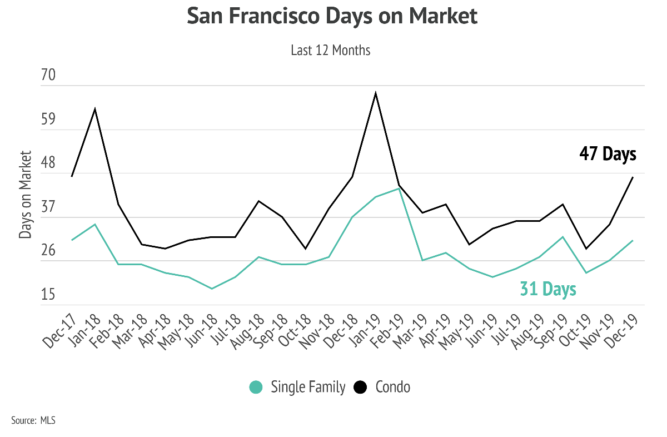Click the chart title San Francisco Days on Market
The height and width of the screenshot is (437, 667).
[x=332, y=16]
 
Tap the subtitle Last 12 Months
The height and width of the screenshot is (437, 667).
[x=330, y=50]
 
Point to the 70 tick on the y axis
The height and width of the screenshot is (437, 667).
[x=49, y=75]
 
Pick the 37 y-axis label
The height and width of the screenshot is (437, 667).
[x=49, y=207]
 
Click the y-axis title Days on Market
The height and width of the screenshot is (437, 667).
[x=26, y=194]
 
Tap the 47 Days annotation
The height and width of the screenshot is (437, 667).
[x=608, y=153]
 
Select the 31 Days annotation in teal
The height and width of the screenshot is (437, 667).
[x=547, y=289]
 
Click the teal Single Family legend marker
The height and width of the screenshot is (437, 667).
[x=256, y=387]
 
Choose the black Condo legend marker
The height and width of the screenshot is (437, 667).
[x=361, y=387]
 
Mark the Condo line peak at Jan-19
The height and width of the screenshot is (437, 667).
[x=376, y=93]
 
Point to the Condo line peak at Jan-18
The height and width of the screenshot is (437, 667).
[x=95, y=108]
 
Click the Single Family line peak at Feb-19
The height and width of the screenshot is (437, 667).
[x=399, y=188]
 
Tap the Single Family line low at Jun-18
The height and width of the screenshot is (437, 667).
[x=212, y=289]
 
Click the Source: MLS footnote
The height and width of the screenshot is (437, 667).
[x=33, y=420]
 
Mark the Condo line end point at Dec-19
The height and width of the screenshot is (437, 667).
[x=633, y=177]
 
